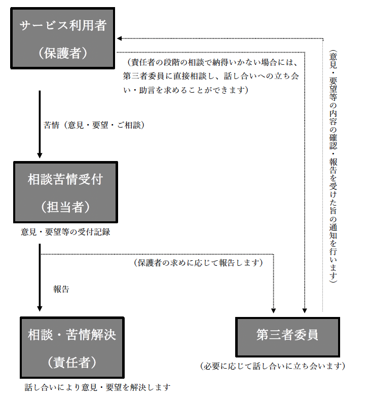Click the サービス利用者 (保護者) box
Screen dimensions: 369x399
[63, 38]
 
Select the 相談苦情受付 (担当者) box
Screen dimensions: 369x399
[66, 192]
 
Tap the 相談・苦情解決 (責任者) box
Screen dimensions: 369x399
[72, 347]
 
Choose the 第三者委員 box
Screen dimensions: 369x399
[287, 337]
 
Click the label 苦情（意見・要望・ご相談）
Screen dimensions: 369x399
[94, 125]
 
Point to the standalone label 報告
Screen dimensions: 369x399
[61, 289]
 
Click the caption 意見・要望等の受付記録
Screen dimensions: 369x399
[65, 232]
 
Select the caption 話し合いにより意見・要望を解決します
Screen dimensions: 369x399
[97, 387]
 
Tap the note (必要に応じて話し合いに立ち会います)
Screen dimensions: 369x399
[273, 366]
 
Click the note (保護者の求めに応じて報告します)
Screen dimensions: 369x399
[198, 263]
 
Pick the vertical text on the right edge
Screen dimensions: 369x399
[333, 167]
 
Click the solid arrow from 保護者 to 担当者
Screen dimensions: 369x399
[40, 124]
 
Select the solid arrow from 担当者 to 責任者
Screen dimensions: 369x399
[40, 277]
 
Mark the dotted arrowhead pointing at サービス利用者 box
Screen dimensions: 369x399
[119, 38]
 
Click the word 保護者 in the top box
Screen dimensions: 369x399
[63, 53]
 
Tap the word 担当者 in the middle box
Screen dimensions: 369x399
[65, 207]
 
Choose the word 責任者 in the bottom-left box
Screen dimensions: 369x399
[72, 363]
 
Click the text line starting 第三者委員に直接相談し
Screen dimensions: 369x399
[211, 76]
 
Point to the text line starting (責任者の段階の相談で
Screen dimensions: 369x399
[213, 62]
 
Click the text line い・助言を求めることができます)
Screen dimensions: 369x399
[186, 90]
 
